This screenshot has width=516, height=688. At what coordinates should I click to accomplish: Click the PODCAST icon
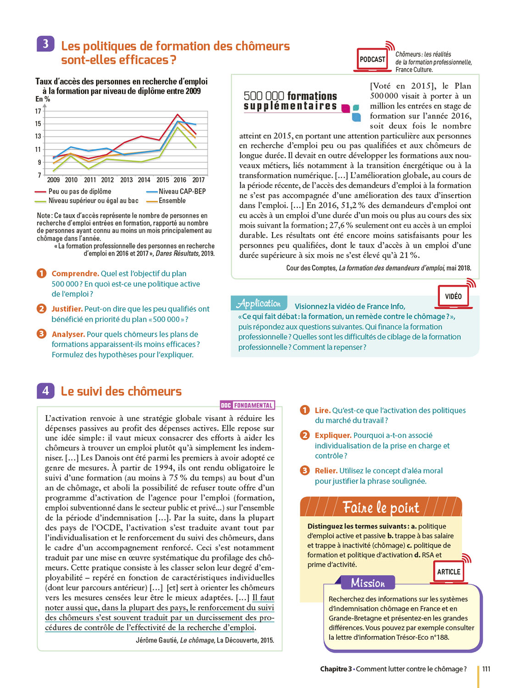point(372,59)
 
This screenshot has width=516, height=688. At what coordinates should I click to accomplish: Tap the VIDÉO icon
point(453,296)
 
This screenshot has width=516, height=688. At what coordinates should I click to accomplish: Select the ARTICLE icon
point(449,571)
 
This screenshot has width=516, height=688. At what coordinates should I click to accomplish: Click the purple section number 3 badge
point(45,44)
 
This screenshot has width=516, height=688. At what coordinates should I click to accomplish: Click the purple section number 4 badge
point(45,391)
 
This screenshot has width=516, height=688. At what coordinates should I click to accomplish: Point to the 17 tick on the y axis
point(38,111)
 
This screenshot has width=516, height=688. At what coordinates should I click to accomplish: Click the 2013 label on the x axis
point(126,180)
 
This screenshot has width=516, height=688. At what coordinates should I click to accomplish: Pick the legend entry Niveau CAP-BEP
point(182,191)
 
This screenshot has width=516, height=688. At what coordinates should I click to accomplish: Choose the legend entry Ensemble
point(172,200)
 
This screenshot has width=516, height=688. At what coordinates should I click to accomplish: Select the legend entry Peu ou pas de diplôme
point(79,191)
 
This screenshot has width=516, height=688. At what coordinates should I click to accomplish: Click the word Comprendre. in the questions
point(75,273)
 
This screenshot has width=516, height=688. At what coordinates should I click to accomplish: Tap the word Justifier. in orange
point(67,309)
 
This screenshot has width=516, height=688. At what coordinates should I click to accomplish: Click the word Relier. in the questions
point(326,471)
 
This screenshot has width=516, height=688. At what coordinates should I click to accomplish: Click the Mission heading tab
point(368,583)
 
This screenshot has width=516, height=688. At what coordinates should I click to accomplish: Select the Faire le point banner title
point(381,507)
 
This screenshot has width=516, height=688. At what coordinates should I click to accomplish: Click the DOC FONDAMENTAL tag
point(247,405)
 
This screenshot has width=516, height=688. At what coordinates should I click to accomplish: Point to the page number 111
point(486,669)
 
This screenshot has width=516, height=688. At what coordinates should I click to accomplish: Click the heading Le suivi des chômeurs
point(121,391)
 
